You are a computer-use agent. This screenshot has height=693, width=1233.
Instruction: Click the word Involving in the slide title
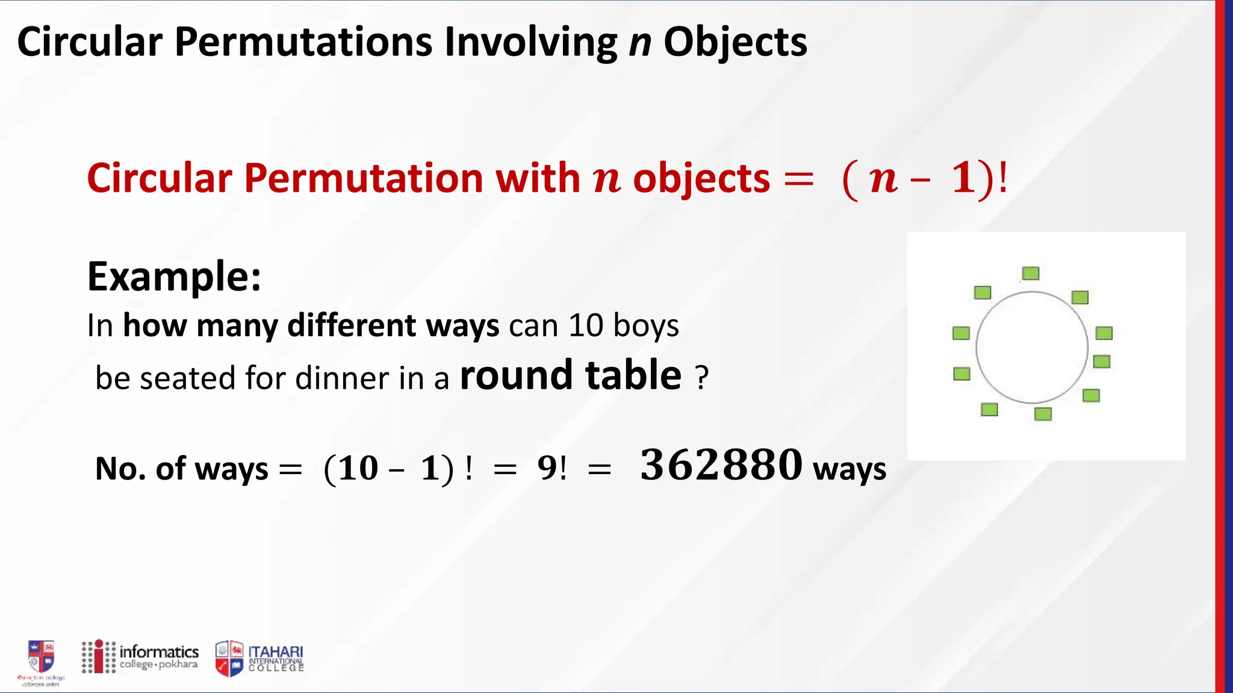[530, 42]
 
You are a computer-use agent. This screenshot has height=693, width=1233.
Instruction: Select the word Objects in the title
[735, 42]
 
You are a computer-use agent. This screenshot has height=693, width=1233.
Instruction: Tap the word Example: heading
[174, 276]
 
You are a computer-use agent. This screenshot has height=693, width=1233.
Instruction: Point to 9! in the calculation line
[551, 468]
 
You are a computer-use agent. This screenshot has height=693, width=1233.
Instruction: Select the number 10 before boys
[585, 325]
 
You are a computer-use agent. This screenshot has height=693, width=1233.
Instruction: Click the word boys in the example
[646, 325]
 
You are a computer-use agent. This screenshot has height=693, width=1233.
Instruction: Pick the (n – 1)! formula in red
[924, 179]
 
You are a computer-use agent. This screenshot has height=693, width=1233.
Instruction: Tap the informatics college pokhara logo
[140, 656]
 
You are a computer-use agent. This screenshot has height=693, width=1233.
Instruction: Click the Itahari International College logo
[259, 658]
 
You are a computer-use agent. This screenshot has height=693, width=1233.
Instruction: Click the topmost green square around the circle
[1031, 274]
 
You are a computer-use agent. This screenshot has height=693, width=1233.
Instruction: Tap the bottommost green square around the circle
[1043, 414]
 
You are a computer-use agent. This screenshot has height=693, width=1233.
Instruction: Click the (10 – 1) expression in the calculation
[388, 469]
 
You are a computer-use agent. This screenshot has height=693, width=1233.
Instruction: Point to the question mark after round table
[701, 378]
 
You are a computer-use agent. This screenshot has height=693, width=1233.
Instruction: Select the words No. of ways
[181, 469]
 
